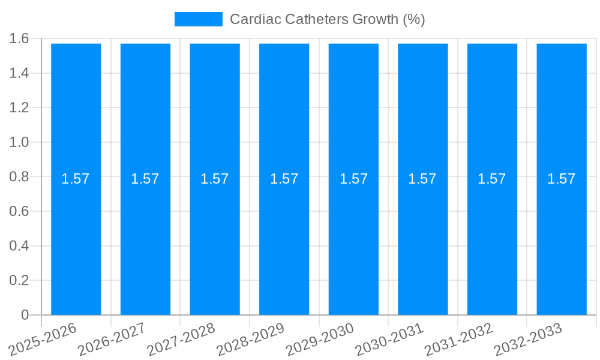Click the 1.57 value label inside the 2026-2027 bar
[x=145, y=179]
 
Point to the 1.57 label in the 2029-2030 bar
[x=353, y=179]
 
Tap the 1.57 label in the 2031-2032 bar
[x=492, y=179]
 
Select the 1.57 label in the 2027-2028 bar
[x=215, y=179]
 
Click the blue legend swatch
[x=198, y=19]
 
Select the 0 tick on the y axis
[x=25, y=315]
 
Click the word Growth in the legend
[x=374, y=19]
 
